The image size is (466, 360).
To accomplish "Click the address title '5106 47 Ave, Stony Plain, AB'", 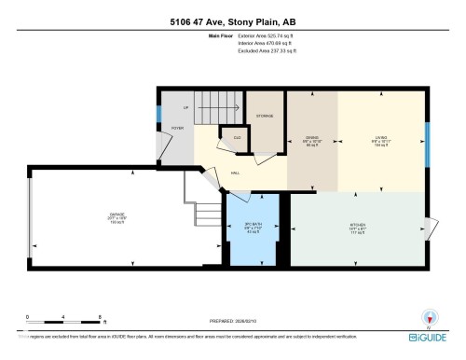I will [233, 21].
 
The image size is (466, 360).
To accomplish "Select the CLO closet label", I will [238, 138].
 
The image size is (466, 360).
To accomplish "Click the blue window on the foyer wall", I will [158, 118].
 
